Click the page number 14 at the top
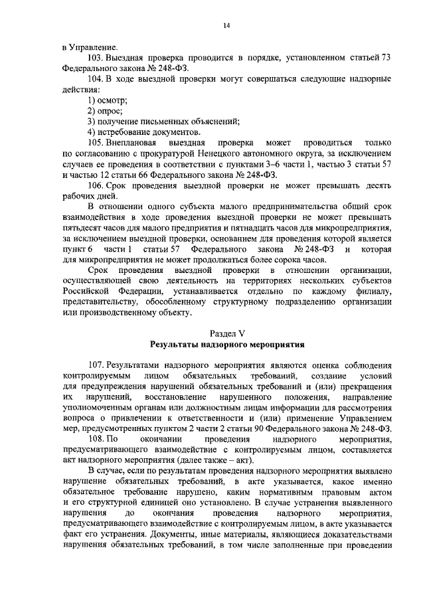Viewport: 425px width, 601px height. click(x=226, y=25)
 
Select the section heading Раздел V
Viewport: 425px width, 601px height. click(x=226, y=333)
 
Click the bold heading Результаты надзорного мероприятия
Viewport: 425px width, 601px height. click(x=226, y=345)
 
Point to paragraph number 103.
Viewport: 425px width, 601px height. click(x=96, y=58)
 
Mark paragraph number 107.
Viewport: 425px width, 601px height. click(x=96, y=366)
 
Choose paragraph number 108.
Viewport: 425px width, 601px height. click(x=96, y=440)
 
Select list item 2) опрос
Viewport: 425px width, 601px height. click(x=106, y=111)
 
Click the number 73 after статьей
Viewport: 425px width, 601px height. click(x=384, y=58)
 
